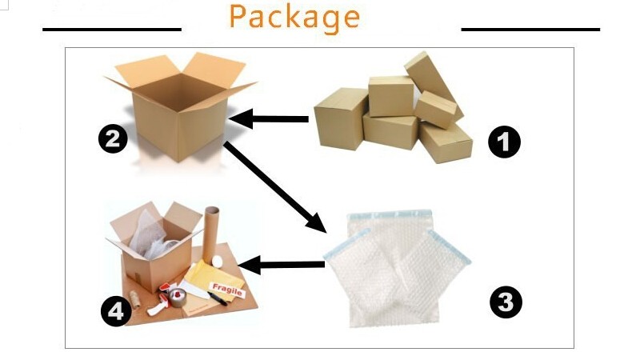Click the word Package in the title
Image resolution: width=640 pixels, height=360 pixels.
(294, 17)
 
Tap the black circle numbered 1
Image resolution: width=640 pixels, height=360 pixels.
(504, 143)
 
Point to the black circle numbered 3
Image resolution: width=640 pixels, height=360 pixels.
(506, 302)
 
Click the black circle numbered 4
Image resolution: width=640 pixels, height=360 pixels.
(116, 312)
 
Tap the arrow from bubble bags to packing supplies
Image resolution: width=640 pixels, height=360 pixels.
(284, 264)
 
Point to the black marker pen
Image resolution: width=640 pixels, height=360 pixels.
(218, 297)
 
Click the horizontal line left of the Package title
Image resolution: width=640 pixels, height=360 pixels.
(112, 30)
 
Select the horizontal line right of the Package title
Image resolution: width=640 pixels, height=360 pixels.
(530, 30)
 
